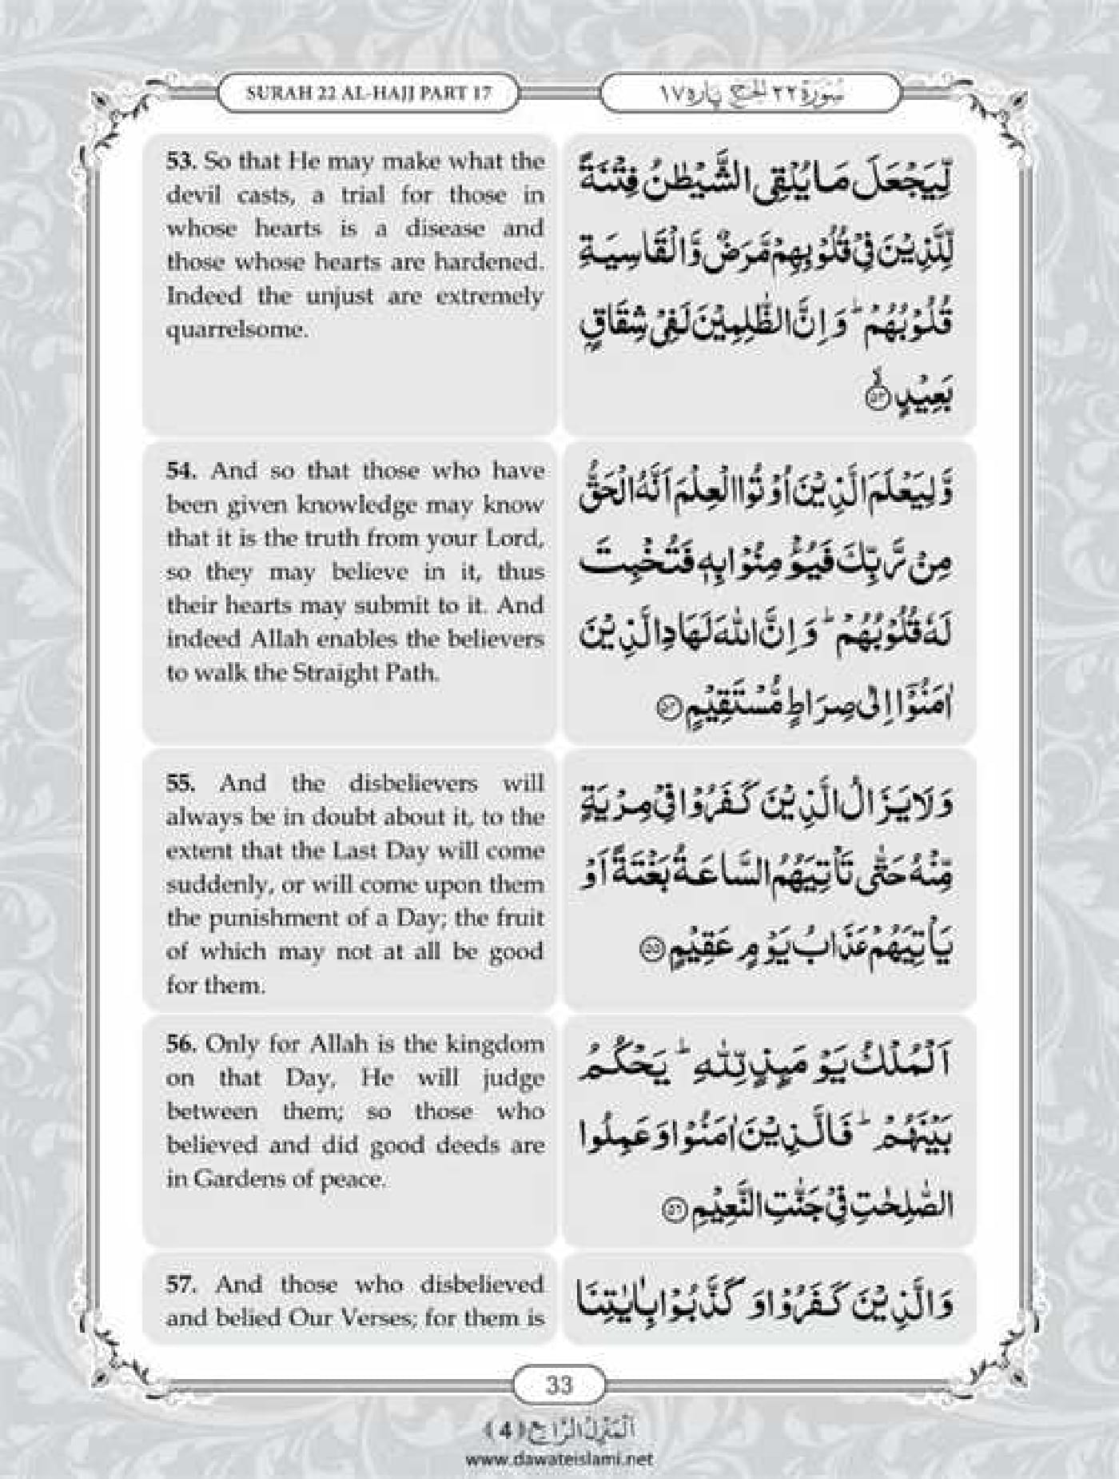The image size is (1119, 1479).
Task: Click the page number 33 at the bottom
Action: point(559,824)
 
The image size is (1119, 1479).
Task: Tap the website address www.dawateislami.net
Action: point(559,1457)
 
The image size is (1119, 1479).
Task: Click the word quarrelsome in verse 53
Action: point(237,329)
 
